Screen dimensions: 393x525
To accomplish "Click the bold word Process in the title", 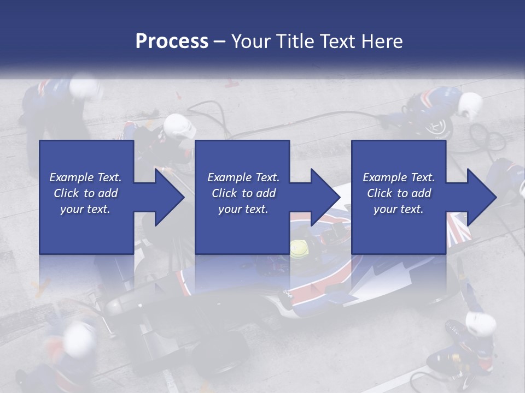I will (x=172, y=41).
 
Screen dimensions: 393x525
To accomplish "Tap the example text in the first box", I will (x=85, y=193).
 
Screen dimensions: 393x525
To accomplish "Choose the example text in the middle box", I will (x=243, y=193).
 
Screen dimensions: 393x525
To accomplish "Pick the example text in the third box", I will (x=398, y=193).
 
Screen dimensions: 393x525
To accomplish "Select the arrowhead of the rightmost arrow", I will (x=481, y=197).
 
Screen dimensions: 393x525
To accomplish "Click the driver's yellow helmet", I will (x=299, y=249).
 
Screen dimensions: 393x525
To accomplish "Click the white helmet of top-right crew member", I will (x=470, y=105).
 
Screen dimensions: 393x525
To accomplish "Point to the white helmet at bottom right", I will (x=481, y=325).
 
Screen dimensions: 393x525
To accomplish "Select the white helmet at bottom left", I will (x=80, y=338).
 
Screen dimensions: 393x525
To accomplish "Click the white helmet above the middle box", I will (x=179, y=127).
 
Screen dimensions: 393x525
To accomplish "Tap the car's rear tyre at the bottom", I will (x=219, y=349).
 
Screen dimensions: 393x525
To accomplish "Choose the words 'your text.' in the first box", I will (x=85, y=209).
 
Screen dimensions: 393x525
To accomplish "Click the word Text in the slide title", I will (x=338, y=41).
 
